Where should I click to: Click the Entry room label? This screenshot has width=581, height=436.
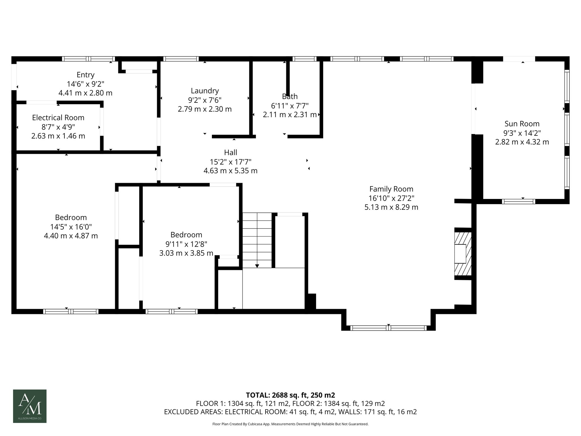click(x=85, y=75)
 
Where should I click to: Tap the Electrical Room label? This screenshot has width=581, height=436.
click(x=58, y=118)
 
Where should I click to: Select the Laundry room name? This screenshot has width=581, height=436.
click(x=205, y=91)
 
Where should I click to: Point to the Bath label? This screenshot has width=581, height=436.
click(x=290, y=97)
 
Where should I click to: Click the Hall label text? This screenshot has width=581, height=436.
click(x=231, y=152)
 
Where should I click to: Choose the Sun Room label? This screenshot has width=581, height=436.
click(x=522, y=124)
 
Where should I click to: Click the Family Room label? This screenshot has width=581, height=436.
click(x=391, y=189)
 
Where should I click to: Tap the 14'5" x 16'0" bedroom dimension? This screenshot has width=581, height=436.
click(x=71, y=227)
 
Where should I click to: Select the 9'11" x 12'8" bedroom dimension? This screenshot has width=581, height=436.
click(x=186, y=244)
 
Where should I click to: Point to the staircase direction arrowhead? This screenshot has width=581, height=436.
click(x=257, y=266)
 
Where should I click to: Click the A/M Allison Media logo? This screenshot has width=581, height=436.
click(x=30, y=406)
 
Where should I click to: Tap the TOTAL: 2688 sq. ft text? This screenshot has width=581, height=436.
click(x=290, y=395)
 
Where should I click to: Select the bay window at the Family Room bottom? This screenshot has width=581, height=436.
click(x=388, y=328)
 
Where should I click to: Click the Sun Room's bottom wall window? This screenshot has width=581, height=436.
click(x=518, y=202)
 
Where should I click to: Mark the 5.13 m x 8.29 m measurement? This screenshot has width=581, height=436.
click(x=391, y=207)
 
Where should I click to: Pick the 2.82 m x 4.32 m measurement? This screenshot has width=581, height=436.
click(x=522, y=142)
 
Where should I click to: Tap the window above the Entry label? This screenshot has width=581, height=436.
click(x=89, y=59)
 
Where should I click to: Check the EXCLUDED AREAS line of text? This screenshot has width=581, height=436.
click(x=290, y=412)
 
